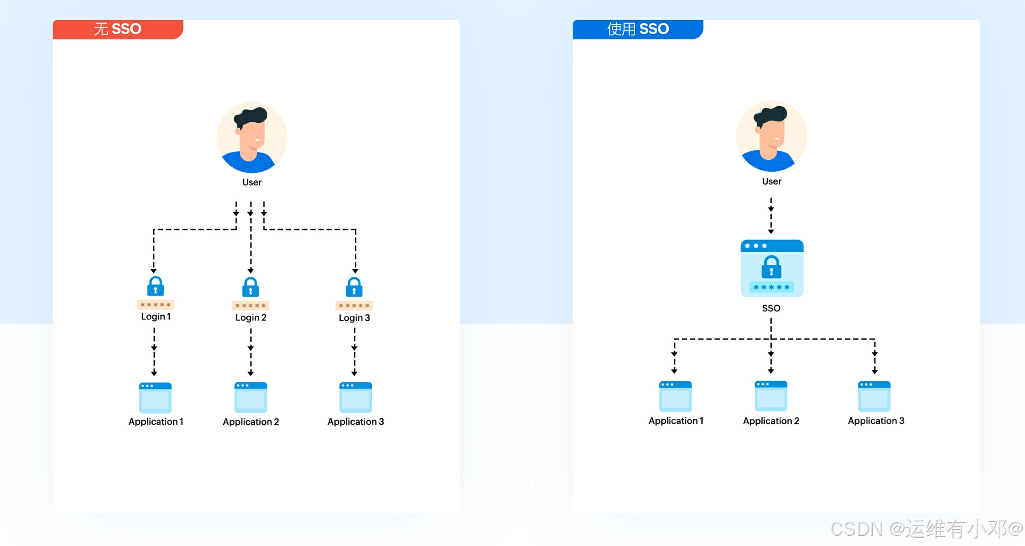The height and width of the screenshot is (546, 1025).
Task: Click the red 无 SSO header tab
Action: (x=118, y=29)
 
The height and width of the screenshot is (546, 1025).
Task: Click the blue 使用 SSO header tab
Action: (x=638, y=29)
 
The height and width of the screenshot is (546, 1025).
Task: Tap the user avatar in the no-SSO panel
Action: (x=252, y=137)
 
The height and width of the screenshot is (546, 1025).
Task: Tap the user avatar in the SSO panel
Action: (x=771, y=136)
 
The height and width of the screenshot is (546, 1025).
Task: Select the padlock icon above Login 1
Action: (x=155, y=286)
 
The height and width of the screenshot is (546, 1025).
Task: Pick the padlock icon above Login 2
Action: (x=250, y=287)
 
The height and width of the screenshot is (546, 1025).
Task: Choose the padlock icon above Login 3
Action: (x=354, y=287)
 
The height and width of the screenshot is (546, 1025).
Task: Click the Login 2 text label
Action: (x=251, y=318)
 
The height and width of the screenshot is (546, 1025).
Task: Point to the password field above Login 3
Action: (x=354, y=305)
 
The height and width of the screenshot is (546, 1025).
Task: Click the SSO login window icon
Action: (x=772, y=268)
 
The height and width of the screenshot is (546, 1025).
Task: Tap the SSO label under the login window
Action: (x=771, y=308)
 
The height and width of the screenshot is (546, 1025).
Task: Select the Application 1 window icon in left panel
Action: (x=155, y=397)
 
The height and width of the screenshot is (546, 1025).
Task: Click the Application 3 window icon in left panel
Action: (x=355, y=397)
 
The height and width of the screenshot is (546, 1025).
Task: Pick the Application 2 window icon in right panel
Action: (x=771, y=396)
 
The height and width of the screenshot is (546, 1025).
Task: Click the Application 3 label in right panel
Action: (x=875, y=421)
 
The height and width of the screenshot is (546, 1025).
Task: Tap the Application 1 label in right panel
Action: (x=675, y=421)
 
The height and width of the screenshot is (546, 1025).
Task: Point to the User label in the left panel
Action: (x=252, y=182)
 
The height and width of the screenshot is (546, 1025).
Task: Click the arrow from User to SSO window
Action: (x=771, y=215)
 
